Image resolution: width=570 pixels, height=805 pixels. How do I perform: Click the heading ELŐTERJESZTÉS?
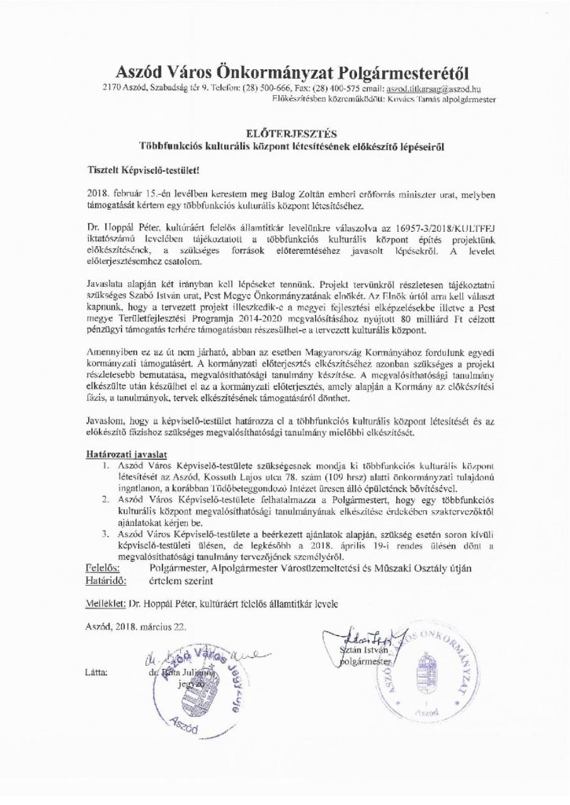[285, 134]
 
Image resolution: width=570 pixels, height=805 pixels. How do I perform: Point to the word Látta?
[99, 674]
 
